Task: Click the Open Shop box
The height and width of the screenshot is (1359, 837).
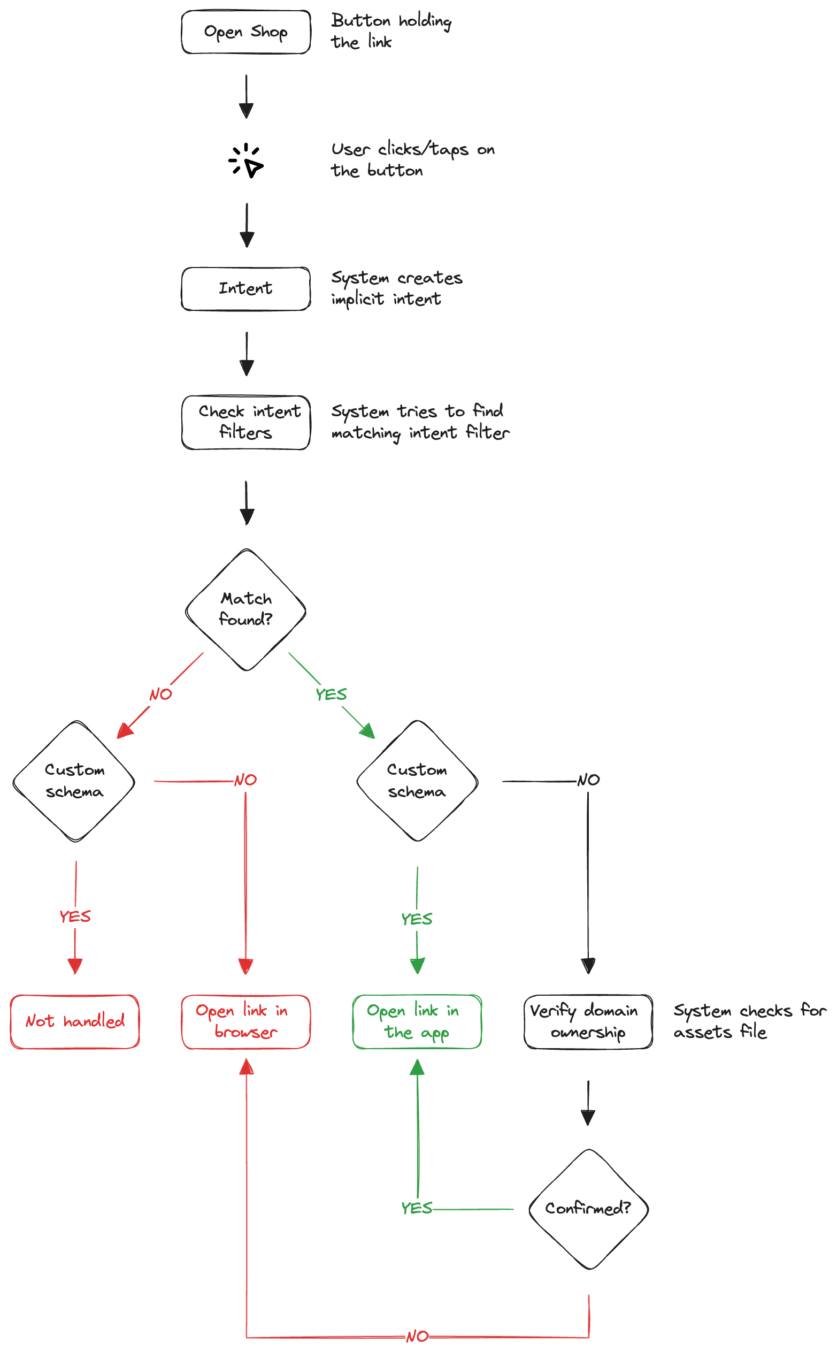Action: (x=246, y=32)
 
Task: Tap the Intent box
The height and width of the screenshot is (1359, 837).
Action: (x=246, y=288)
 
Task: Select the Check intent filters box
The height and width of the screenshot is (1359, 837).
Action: (x=246, y=422)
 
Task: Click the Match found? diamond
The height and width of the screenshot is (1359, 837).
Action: (x=246, y=609)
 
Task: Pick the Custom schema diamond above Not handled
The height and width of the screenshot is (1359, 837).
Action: (x=74, y=781)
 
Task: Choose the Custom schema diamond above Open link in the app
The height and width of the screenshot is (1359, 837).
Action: (x=417, y=781)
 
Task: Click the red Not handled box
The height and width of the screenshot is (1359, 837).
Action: (x=75, y=1021)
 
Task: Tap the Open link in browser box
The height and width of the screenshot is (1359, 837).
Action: (x=246, y=1021)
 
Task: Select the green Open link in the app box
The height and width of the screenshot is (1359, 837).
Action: (x=417, y=1021)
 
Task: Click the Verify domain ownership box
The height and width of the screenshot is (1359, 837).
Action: (x=588, y=1021)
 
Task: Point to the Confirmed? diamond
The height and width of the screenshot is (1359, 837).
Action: (x=588, y=1208)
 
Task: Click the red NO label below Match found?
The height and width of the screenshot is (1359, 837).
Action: (x=160, y=694)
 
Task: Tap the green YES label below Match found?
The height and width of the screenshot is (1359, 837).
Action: (x=331, y=694)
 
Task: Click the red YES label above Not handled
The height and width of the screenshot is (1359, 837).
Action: (x=75, y=917)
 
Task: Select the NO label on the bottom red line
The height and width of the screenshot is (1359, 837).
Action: (x=417, y=1337)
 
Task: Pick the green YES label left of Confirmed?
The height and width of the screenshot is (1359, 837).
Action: (x=417, y=1208)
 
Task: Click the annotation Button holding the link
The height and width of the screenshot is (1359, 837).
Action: (x=391, y=31)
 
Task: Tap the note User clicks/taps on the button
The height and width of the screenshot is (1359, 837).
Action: (x=412, y=159)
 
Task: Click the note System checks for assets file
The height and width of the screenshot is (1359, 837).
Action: (x=749, y=1021)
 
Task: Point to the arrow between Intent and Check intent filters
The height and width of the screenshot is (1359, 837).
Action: (x=247, y=354)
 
